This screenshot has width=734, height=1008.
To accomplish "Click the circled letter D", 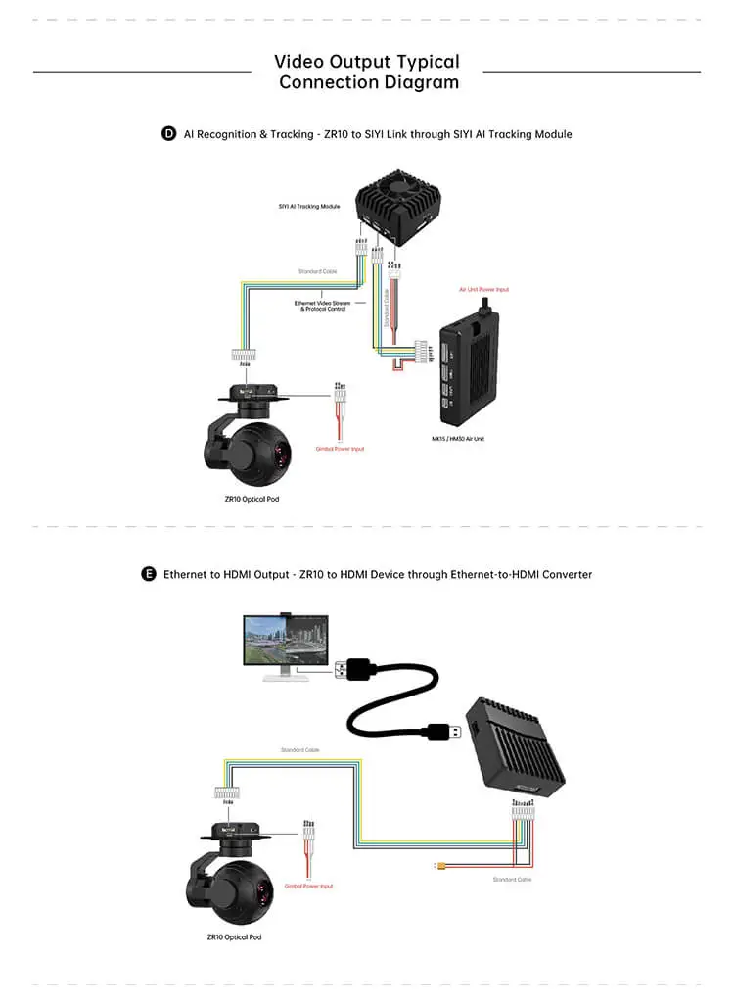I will pos(169,133).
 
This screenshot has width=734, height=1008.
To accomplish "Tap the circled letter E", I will pos(149,574).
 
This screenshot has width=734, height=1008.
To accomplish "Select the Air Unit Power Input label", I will pos(484,290).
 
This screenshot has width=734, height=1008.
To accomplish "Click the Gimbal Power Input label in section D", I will pos(340,449).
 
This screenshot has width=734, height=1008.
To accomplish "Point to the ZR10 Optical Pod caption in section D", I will pos(246,498).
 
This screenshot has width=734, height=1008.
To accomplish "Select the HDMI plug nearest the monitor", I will pos(355,670).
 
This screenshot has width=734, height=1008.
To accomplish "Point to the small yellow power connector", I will pos(441,865).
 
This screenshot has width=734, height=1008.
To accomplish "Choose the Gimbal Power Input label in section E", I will pos(308,886).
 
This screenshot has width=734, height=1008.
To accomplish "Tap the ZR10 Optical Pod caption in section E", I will pos(234,936).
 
